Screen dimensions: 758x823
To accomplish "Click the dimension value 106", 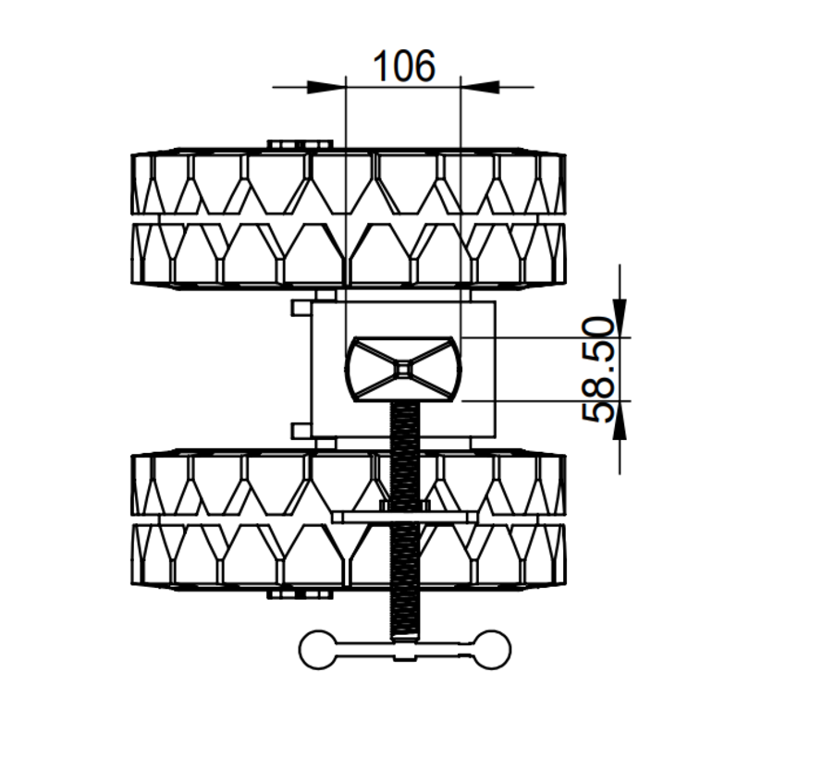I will (403, 66).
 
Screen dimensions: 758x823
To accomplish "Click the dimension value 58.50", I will (598, 369).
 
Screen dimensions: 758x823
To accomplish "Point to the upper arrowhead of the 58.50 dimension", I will (619, 319).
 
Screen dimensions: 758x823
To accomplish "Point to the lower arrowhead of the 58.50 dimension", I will (619, 419).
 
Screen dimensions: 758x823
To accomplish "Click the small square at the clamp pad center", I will (404, 369).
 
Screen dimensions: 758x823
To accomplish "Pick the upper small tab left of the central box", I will (301, 308).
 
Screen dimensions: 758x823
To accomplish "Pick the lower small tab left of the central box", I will (301, 430).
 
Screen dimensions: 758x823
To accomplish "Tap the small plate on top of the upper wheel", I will (301, 144).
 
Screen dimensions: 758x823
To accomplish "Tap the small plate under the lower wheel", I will (301, 594).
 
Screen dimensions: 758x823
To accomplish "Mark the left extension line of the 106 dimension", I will (345, 185).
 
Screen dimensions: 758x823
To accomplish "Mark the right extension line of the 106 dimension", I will (461, 185).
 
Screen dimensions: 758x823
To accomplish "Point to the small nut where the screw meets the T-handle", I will (404, 653).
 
